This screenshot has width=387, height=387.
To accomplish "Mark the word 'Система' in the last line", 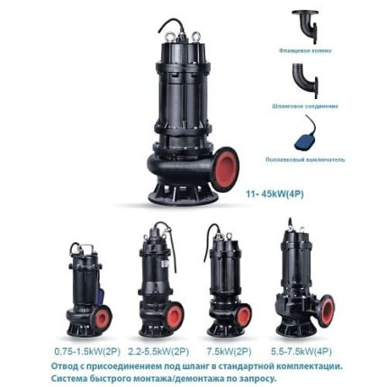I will click(71, 379).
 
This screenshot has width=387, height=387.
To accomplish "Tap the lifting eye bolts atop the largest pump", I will click(184, 37).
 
